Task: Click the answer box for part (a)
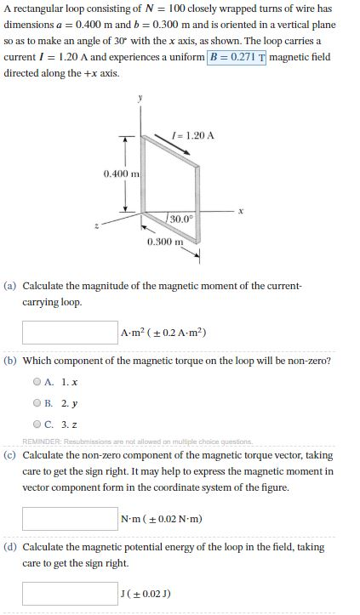point(70,332)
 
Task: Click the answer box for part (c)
point(70,518)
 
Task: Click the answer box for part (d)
point(70,592)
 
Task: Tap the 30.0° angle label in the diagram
point(181,219)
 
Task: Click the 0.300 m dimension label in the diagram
point(164,242)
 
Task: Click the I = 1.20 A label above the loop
point(192,135)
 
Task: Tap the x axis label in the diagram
point(242,212)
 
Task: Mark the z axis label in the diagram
point(99,226)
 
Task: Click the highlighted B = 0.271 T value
point(237,57)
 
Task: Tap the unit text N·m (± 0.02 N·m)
point(162,518)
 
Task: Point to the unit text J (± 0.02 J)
point(146,592)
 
